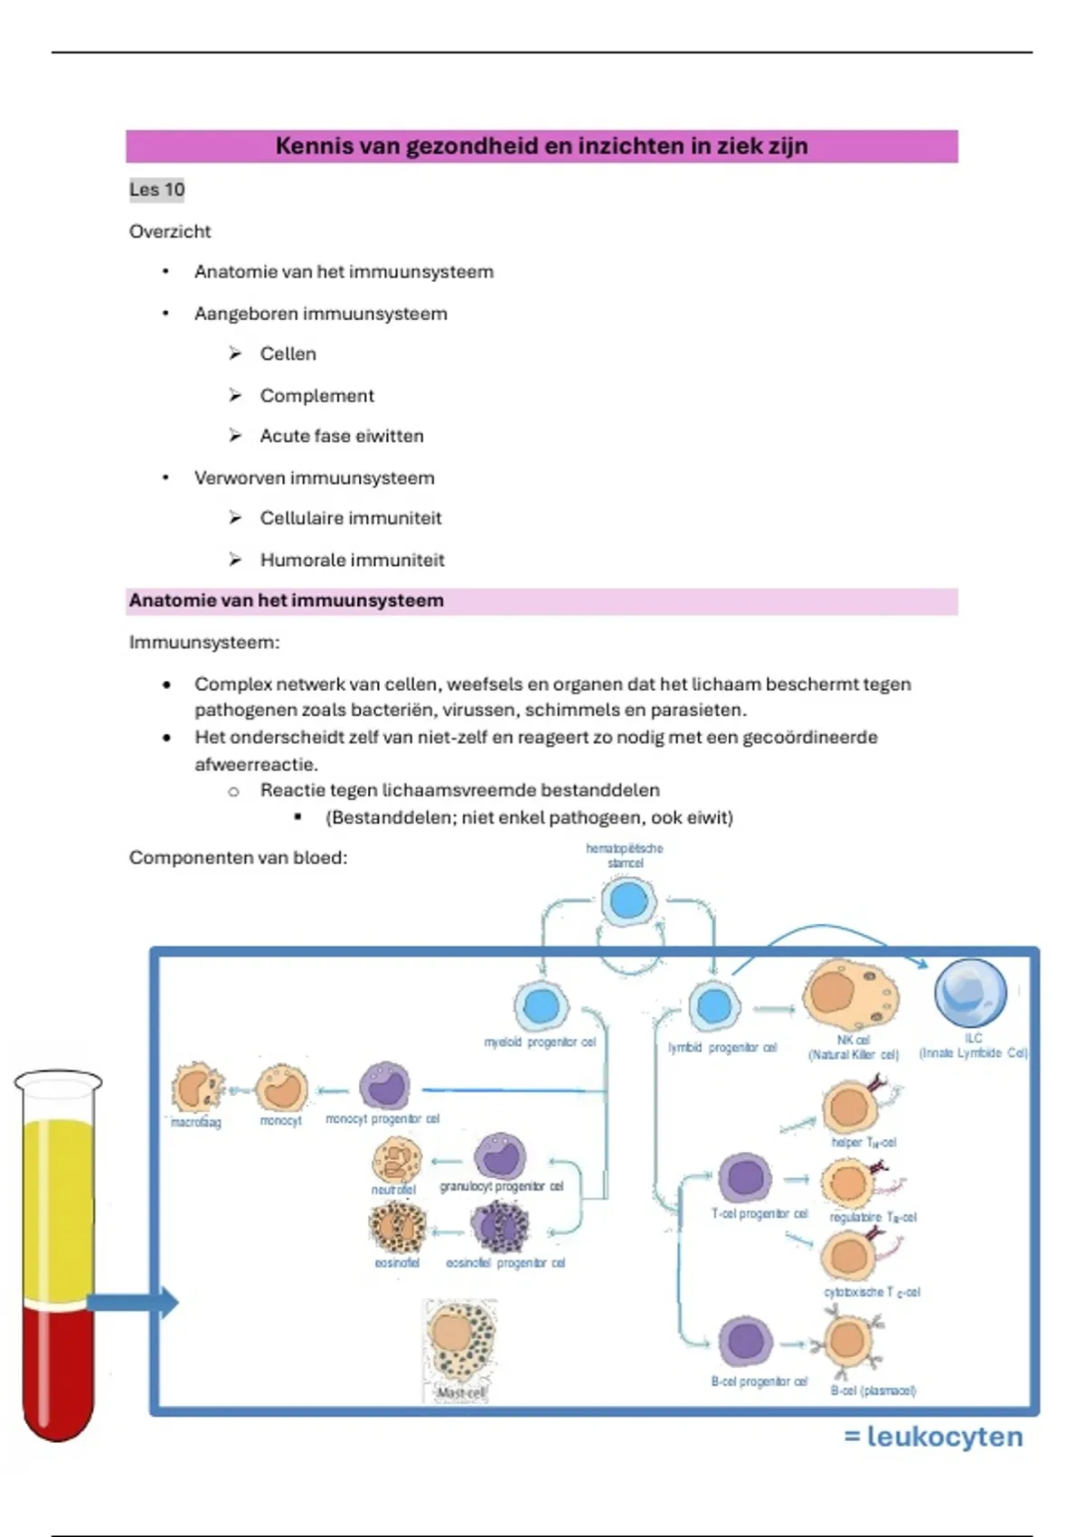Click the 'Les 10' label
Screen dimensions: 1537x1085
[x=156, y=190]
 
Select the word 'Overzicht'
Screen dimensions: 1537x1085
[x=170, y=231]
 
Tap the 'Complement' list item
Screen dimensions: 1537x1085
[x=316, y=396]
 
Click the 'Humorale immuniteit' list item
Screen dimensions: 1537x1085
[x=352, y=561]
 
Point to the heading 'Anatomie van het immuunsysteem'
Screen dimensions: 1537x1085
[x=286, y=601]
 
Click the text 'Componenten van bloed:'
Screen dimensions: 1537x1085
[x=238, y=858]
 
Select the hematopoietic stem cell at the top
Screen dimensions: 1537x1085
[x=628, y=901]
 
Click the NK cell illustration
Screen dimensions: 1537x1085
[x=850, y=995]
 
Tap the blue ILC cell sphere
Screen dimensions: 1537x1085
[x=970, y=992]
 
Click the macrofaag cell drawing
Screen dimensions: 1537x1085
[x=196, y=1088]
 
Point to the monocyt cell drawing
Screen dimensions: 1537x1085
[x=281, y=1088]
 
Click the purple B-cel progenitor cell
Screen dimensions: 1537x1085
[x=745, y=1342]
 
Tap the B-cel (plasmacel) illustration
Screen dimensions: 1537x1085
[x=848, y=1342]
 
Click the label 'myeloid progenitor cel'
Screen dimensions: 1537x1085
[x=540, y=1042]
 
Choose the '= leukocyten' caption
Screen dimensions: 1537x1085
[x=933, y=1437]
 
